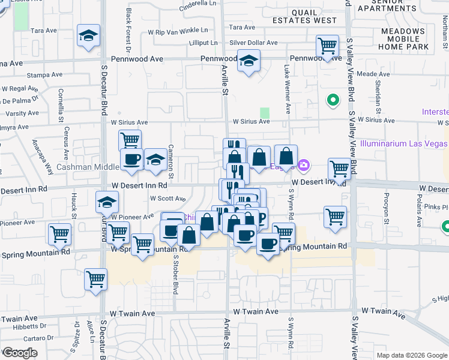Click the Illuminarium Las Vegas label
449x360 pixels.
pyautogui.click(x=403, y=144)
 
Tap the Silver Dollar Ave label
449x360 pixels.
pyautogui.click(x=253, y=43)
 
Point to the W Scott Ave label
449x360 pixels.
pyautogui.click(x=167, y=198)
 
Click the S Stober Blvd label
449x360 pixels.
pyautogui.click(x=176, y=275)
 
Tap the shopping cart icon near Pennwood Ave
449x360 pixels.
pyautogui.click(x=327, y=46)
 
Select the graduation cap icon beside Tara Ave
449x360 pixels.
pyautogui.click(x=88, y=36)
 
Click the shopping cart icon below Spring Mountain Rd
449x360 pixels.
pyautogui.click(x=95, y=279)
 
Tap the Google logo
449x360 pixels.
pyautogui.click(x=19, y=353)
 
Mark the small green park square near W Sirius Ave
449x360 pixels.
pyautogui.click(x=265, y=113)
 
